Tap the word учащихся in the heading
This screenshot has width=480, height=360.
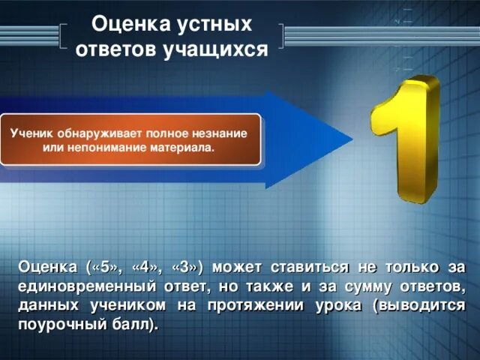tap(225, 49)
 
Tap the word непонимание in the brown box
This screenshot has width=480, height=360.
tap(94, 148)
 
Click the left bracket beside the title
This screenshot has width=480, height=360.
tap(61, 37)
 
